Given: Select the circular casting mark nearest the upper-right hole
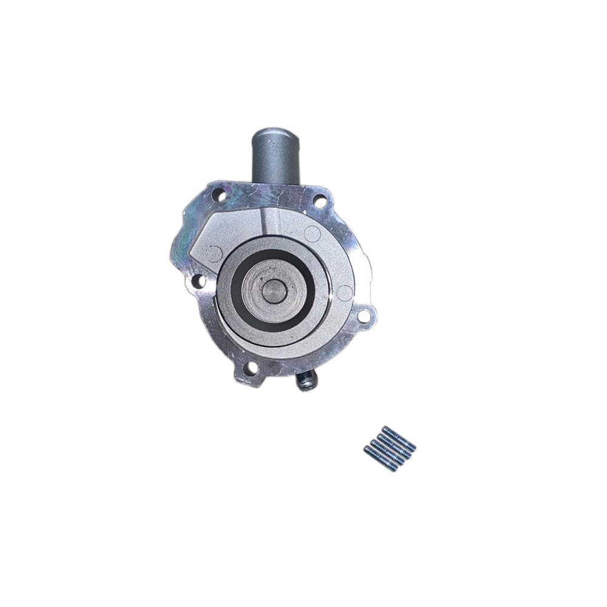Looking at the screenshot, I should tap(313, 232).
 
